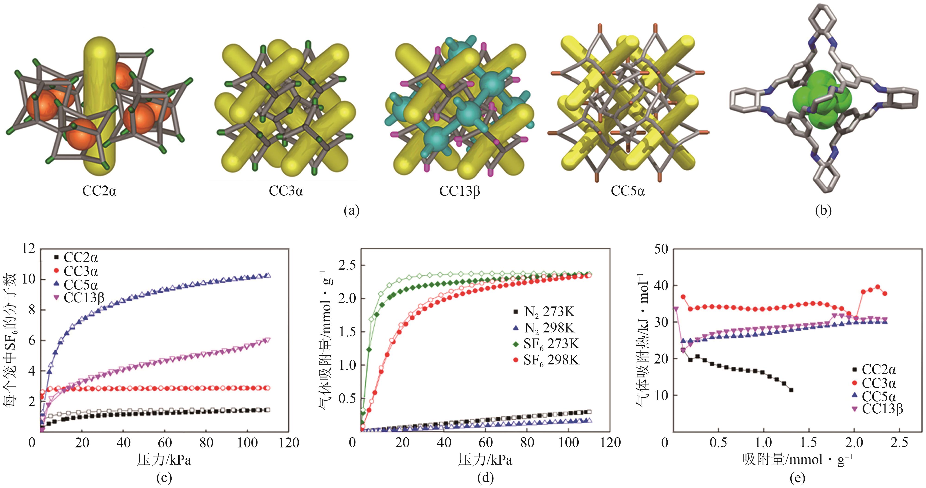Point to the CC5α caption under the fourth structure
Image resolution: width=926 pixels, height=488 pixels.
click(628, 190)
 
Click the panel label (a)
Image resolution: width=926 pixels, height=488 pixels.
click(351, 211)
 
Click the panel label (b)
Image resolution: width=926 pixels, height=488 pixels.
click(823, 211)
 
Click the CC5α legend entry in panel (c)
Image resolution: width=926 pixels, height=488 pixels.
click(75, 285)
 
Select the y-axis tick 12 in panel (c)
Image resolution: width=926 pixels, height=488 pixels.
click(29, 248)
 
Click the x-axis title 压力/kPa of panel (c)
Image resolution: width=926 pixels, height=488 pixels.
click(164, 459)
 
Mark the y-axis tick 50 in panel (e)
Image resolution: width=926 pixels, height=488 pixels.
click(661, 249)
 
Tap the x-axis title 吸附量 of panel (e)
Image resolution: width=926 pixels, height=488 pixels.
click(797, 459)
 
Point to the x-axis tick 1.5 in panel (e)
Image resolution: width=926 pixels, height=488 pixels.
click(809, 442)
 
